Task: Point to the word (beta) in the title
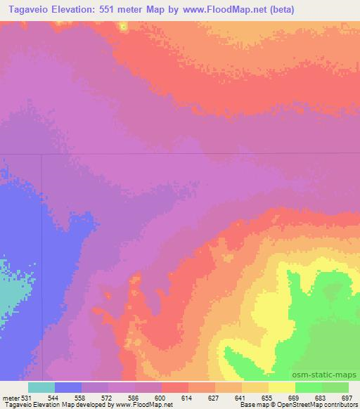point(260,10)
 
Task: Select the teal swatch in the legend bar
point(41,387)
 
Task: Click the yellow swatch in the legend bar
point(281,387)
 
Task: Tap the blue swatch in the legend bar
point(68,387)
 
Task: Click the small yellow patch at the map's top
point(124,27)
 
